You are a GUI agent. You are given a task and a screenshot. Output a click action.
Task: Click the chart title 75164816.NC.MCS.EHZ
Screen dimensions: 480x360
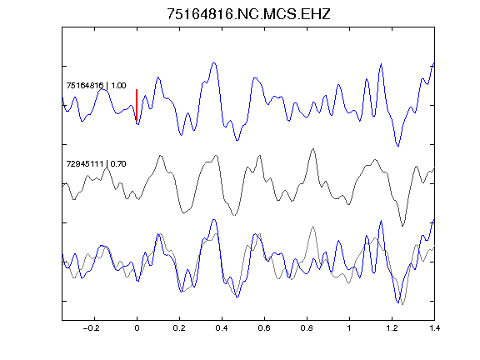pyautogui.click(x=248, y=14)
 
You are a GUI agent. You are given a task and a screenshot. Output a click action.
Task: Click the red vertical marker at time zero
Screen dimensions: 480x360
pyautogui.click(x=137, y=105)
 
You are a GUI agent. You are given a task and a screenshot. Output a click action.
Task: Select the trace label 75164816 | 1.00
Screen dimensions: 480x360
pyautogui.click(x=96, y=85)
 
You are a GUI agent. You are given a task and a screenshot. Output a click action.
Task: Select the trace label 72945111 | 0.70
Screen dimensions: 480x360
pyautogui.click(x=96, y=164)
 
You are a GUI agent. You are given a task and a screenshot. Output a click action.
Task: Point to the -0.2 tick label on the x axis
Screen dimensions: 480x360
pyautogui.click(x=92, y=328)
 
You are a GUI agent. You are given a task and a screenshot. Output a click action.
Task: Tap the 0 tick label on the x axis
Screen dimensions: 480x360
pyautogui.click(x=137, y=328)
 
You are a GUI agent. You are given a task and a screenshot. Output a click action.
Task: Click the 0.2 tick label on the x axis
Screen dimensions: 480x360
pyautogui.click(x=179, y=328)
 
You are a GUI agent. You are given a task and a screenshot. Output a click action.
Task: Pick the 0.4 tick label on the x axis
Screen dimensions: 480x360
pyautogui.click(x=222, y=328)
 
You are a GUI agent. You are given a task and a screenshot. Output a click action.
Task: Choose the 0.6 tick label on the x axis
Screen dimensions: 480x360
pyautogui.click(x=264, y=328)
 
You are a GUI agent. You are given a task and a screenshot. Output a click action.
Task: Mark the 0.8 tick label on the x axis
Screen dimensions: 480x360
pyautogui.click(x=307, y=328)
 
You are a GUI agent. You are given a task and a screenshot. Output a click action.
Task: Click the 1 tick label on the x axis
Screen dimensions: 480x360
pyautogui.click(x=349, y=328)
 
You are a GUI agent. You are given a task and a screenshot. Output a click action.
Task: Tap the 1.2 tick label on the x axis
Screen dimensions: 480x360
pyautogui.click(x=392, y=328)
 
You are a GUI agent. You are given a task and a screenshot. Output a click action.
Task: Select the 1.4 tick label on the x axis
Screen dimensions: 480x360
pyautogui.click(x=434, y=328)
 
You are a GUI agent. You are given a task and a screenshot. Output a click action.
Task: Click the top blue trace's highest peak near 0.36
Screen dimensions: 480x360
pyautogui.click(x=214, y=63)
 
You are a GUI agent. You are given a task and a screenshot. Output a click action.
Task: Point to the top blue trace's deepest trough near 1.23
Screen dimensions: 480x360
pyautogui.click(x=398, y=146)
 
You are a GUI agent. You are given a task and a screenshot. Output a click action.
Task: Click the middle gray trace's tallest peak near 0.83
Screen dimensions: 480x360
pyautogui.click(x=312, y=149)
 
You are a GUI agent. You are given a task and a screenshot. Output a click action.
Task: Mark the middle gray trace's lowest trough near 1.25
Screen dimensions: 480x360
pyautogui.click(x=402, y=226)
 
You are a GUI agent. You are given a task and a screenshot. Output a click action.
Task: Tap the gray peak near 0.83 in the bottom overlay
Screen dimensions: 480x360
pyautogui.click(x=312, y=227)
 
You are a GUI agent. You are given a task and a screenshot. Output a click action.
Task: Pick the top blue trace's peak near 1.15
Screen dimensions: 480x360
pyautogui.click(x=381, y=64)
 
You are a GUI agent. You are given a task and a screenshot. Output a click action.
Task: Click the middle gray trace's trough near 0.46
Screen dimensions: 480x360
pyautogui.click(x=234, y=215)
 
